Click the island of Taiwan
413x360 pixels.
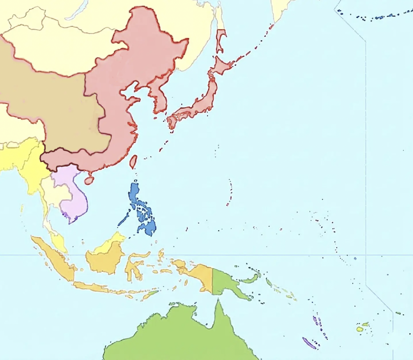tap(133, 162)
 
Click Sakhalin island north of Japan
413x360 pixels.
tap(221, 40)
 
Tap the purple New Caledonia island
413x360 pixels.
tap(309, 343)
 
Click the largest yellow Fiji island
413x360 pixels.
tap(359, 329)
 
